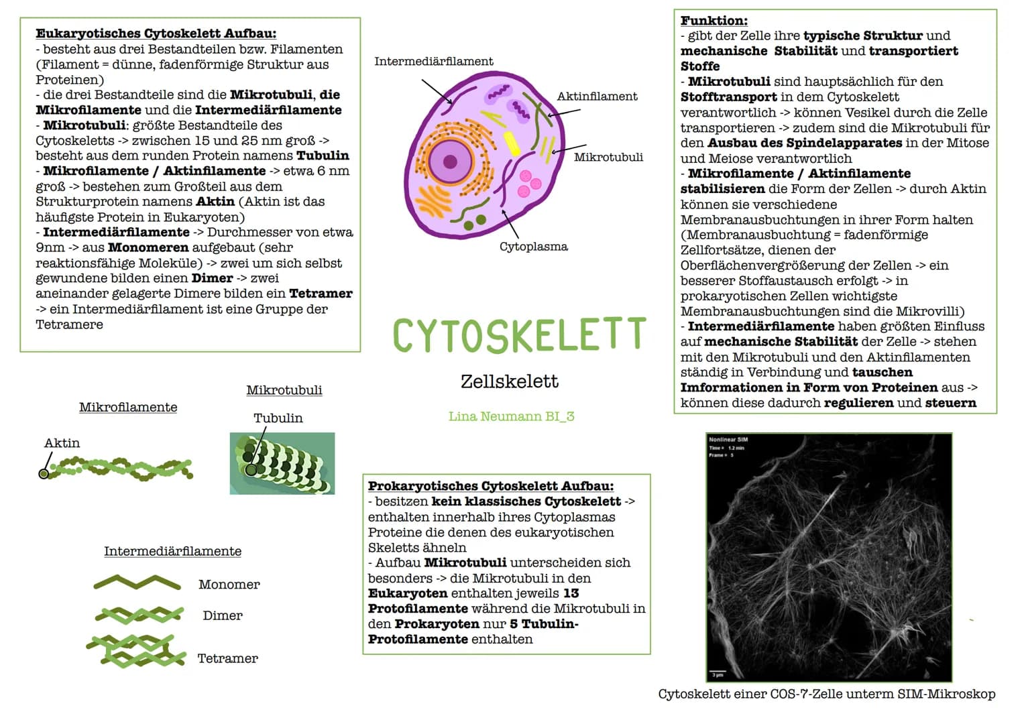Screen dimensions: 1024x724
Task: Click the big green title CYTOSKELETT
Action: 520,335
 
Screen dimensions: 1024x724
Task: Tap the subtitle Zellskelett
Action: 509,381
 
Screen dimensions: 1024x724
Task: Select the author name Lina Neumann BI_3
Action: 511,416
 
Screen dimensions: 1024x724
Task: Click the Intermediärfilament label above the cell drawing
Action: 433,61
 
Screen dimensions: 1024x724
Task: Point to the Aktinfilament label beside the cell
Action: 597,97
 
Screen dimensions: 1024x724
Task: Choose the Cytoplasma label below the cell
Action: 534,247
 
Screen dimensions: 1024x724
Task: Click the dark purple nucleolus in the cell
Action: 450,162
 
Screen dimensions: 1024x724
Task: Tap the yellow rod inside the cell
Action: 512,143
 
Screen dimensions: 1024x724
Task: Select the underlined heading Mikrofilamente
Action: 128,408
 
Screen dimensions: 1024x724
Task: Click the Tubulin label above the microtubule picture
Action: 278,418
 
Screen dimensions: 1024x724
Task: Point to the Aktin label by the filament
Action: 62,443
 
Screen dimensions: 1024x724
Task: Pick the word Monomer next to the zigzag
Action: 229,585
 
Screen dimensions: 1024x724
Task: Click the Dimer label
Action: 223,615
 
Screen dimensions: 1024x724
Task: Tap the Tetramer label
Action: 227,658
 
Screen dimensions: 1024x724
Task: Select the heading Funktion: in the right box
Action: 714,21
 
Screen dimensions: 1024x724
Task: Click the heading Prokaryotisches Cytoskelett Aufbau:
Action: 491,486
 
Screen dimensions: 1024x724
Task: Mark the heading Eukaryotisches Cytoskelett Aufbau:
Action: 156,34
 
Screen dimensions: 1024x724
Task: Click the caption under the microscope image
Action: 827,694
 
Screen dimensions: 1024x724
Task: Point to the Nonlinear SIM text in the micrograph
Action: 728,440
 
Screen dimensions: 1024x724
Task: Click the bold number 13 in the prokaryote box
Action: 571,593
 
